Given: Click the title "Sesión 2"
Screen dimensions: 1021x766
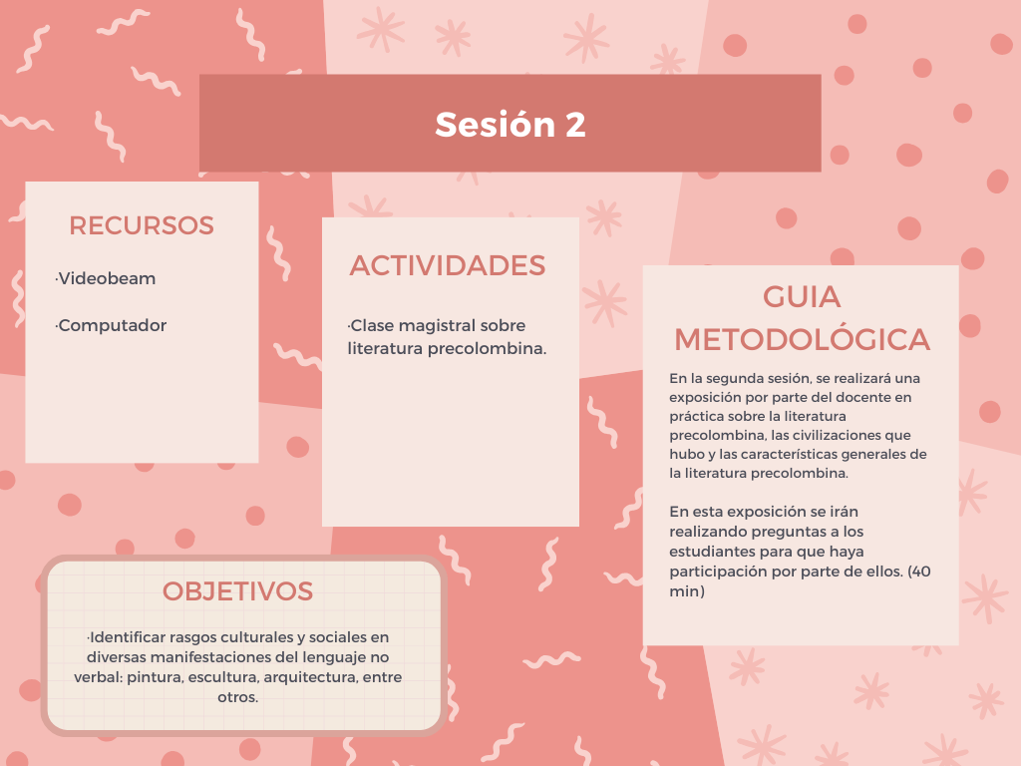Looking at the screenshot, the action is pyautogui.click(x=510, y=124).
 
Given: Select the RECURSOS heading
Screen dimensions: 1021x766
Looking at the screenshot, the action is pyautogui.click(x=142, y=225).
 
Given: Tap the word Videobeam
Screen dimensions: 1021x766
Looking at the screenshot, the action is pyautogui.click(x=107, y=278).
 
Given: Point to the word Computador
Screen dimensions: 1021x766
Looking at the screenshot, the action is pyautogui.click(x=112, y=326).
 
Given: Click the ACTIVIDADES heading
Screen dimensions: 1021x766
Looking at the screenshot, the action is pyautogui.click(x=448, y=265).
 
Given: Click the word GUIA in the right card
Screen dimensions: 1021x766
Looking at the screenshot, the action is pyautogui.click(x=802, y=297).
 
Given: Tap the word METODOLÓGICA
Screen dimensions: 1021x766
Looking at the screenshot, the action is pyautogui.click(x=802, y=339).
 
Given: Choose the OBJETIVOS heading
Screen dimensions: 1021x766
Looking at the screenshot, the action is pyautogui.click(x=237, y=591).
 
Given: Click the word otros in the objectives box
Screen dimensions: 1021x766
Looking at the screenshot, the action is pyautogui.click(x=236, y=697).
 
